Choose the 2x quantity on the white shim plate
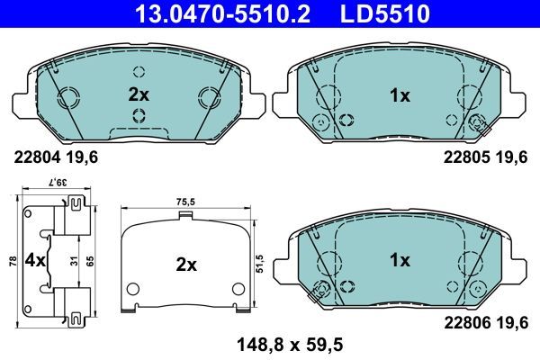(x=185, y=265)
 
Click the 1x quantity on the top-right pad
(x=398, y=94)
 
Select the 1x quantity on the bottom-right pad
(x=398, y=260)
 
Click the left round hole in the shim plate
(x=133, y=290)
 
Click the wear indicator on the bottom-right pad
(x=316, y=290)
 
